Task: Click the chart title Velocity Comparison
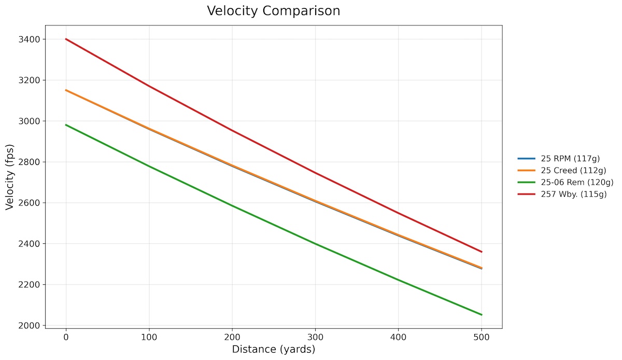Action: coord(273,11)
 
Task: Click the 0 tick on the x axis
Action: coord(66,337)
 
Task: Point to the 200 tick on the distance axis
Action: coord(232,337)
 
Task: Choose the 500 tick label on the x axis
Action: coord(482,337)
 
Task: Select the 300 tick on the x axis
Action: coord(315,337)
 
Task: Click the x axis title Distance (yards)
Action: coord(273,350)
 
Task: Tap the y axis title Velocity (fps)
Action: coord(9,176)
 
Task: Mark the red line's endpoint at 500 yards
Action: coord(482,252)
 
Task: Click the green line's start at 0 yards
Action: coord(66,124)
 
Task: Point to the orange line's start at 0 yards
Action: coord(66,90)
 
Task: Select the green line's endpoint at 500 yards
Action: coord(482,314)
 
